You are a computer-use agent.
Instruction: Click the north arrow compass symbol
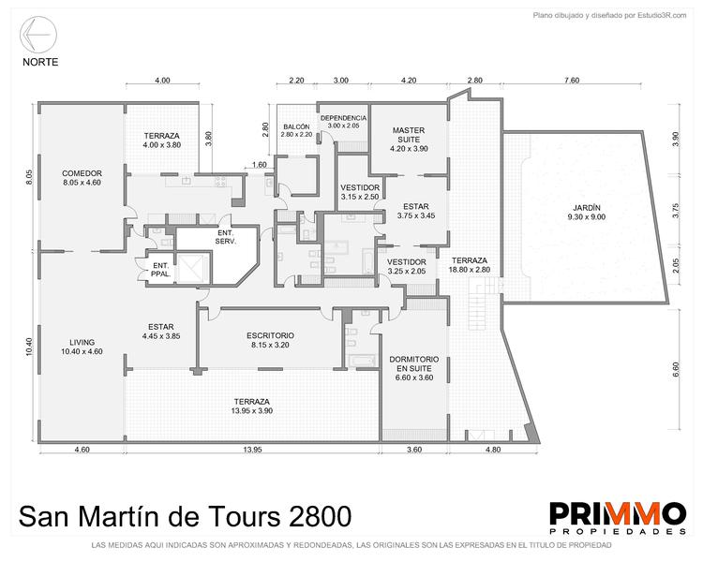point(38,35)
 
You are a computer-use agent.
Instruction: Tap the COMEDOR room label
point(82,173)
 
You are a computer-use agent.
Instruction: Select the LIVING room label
point(82,343)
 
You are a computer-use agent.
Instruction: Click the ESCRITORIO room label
point(270,335)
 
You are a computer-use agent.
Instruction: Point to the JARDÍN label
point(587,208)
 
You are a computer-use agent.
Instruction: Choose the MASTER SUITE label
point(409,135)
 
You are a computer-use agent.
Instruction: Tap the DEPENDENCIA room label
point(343,118)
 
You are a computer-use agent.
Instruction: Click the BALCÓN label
point(296,126)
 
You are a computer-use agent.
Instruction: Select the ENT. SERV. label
point(226,237)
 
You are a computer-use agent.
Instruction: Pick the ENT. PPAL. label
point(160,270)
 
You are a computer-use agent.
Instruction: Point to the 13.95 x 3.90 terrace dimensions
point(252,411)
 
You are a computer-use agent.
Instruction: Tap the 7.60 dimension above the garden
point(572,81)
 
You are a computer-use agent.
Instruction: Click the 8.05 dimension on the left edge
point(29,177)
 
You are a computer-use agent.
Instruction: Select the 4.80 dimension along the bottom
point(493,450)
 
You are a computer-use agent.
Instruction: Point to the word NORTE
point(40,62)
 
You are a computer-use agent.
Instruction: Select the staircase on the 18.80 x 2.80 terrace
point(485,303)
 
